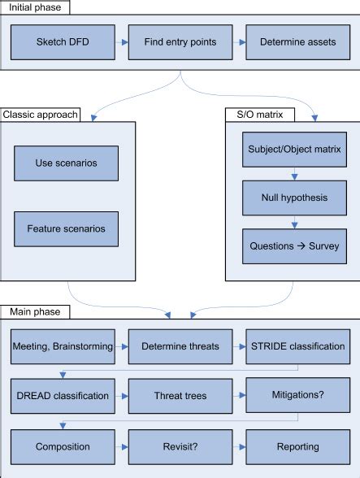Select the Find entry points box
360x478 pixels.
tap(180, 41)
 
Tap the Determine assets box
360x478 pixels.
tap(297, 41)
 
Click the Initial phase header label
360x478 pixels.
tap(36, 7)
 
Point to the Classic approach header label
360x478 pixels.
tap(41, 115)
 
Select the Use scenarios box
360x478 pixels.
tap(66, 163)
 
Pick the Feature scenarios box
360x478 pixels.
tap(66, 228)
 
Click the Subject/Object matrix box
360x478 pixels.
tap(293, 150)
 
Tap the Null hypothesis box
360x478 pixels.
tap(293, 198)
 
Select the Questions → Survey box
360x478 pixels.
tap(293, 246)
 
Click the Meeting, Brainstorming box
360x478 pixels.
tap(63, 345)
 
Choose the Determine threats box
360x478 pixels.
tap(180, 345)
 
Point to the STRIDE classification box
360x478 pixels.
tap(297, 345)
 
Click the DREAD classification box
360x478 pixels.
tap(63, 396)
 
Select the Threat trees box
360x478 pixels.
tap(180, 396)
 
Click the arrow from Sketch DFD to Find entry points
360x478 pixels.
tap(122, 41)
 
